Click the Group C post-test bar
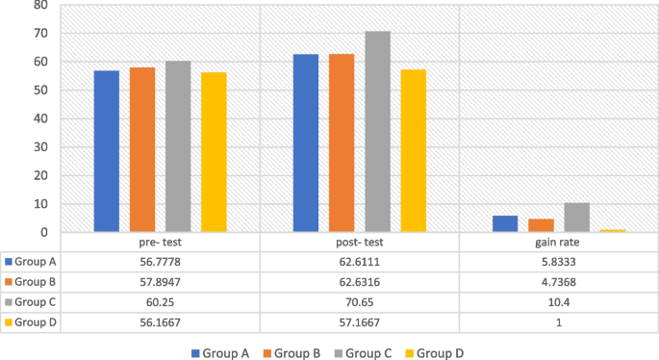tap(377, 132)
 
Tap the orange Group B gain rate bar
tap(542, 225)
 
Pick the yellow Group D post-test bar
tap(413, 151)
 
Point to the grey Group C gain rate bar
tap(576, 218)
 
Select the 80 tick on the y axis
tap(39, 6)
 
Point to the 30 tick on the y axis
tap(39, 147)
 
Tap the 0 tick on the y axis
tap(43, 232)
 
